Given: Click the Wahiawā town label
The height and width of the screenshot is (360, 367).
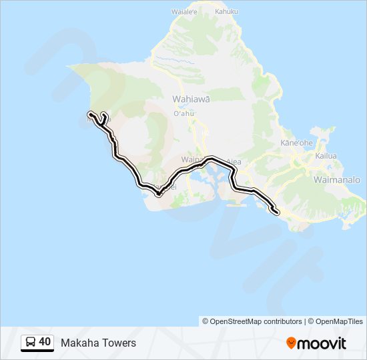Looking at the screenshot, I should [x=191, y=99].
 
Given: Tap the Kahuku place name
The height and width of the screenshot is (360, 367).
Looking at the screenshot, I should [x=227, y=11].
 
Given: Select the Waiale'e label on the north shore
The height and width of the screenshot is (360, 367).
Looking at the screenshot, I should [x=184, y=11].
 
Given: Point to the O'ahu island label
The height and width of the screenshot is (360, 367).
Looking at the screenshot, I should [x=183, y=113].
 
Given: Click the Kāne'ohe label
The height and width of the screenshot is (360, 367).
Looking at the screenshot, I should [x=297, y=143].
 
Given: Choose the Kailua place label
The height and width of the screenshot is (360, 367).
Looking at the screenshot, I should [x=326, y=156].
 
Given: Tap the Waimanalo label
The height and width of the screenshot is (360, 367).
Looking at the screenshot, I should [x=336, y=180].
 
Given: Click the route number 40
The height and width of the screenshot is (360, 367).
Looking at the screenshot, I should [x=45, y=342].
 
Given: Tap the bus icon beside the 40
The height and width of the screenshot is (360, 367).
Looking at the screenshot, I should [x=31, y=343].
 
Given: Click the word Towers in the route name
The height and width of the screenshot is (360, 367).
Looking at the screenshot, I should [x=119, y=343].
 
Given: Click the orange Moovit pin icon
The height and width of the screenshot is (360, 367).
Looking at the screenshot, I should [x=291, y=343].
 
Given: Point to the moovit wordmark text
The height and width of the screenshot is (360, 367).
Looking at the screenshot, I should [x=322, y=343].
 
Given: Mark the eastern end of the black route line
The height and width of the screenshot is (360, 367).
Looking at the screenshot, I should [x=276, y=212].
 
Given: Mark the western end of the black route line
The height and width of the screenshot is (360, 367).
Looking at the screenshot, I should [x=89, y=115].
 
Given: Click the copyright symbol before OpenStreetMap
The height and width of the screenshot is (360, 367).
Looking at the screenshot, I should [x=206, y=321].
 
